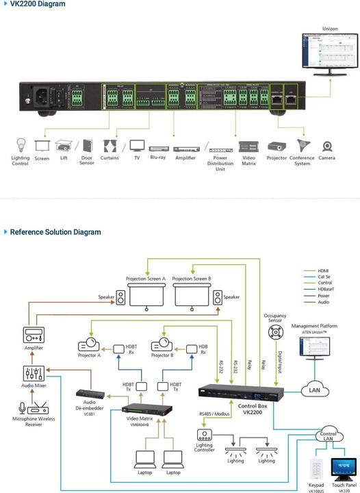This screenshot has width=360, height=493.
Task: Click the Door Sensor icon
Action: tap(87, 146)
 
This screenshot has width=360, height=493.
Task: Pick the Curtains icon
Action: tap(110, 146)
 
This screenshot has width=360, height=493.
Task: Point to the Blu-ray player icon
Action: tap(157, 147)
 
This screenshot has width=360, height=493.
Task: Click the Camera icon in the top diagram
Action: tap(327, 147)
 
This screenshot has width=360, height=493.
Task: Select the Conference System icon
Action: tap(303, 146)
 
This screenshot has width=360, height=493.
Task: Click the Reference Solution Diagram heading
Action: tap(55, 232)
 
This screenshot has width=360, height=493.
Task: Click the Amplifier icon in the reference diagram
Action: tap(34, 335)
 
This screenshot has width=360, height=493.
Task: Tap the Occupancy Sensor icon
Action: tap(275, 332)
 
